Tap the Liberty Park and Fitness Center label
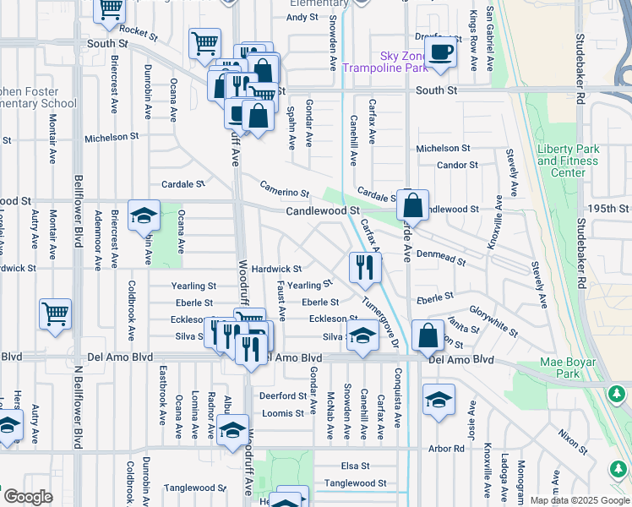[568, 161]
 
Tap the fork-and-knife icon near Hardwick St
[365, 268]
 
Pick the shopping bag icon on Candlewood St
[412, 205]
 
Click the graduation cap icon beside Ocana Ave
[144, 216]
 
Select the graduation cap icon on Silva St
[362, 335]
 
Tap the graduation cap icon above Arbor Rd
[439, 400]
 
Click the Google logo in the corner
[27, 497]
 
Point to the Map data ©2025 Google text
[580, 500]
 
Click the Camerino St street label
[284, 193]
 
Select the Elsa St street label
[355, 466]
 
